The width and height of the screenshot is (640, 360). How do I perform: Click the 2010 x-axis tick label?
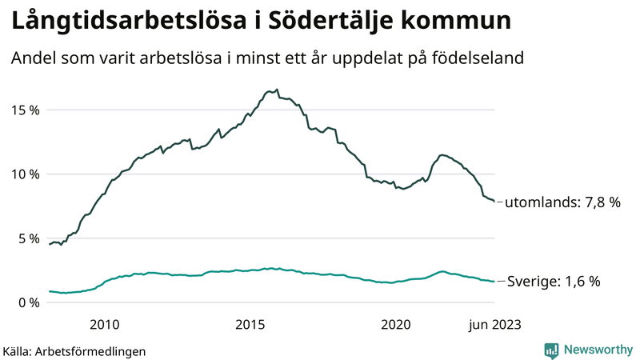105,324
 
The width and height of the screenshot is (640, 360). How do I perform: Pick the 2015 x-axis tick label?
250,324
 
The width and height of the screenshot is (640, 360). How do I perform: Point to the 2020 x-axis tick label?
396,324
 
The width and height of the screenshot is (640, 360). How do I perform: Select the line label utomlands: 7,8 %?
562,203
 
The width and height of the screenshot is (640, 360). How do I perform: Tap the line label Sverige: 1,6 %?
554,282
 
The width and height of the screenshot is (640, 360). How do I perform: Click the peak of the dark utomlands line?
277,90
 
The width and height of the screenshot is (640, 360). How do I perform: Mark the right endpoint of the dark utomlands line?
494,202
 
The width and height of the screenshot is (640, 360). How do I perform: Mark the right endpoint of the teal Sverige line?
494,282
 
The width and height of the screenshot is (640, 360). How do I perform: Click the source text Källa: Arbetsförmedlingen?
74,350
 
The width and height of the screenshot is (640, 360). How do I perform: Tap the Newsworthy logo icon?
551,350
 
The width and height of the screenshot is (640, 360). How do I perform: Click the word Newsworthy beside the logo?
596,350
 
